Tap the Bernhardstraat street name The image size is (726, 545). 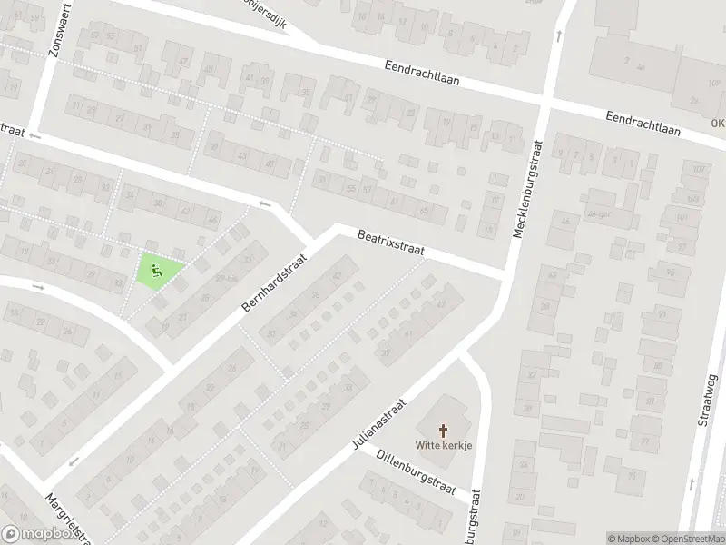[x=275, y=284]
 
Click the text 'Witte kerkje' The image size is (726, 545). [x=443, y=445]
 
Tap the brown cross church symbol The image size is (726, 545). [x=444, y=430]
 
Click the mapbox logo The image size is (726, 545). [x=37, y=534]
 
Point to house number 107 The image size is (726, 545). [x=698, y=170]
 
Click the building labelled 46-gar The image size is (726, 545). [x=595, y=214]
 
